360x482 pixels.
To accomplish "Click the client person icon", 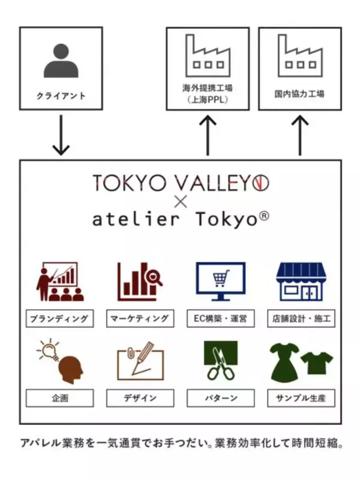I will pyautogui.click(x=61, y=62).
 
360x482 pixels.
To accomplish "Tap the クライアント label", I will pyautogui.click(x=61, y=95).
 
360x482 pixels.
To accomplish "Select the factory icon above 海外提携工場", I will pyautogui.click(x=208, y=53).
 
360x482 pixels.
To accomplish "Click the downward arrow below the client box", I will pyautogui.click(x=61, y=135).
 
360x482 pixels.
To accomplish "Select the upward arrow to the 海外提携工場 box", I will pyautogui.click(x=208, y=135).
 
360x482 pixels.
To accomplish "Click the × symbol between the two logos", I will pyautogui.click(x=181, y=202).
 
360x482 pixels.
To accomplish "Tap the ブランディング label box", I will pyautogui.click(x=60, y=318).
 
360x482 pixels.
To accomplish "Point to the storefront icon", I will pyautogui.click(x=301, y=282).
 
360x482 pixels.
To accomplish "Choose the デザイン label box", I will pyautogui.click(x=140, y=398).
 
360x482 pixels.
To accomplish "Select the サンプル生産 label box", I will pyautogui.click(x=301, y=398).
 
